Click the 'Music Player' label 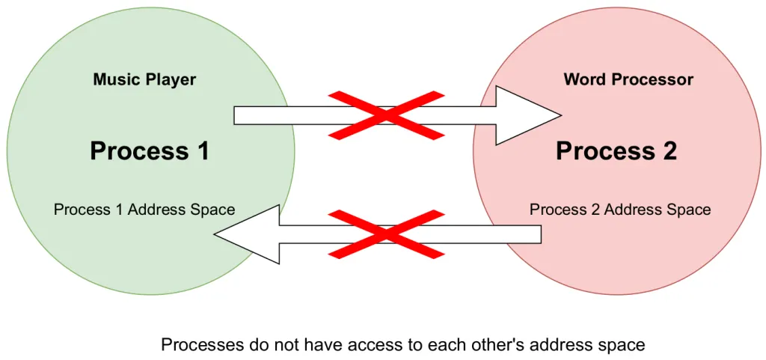pos(144,79)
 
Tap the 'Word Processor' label pos(628,79)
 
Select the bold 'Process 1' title pos(150,151)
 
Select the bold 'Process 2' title pos(616,151)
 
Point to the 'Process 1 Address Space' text pos(144,210)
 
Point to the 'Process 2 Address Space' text pos(620,210)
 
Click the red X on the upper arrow pos(387,115)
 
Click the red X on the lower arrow pos(387,234)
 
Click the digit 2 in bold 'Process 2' pos(668,151)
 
